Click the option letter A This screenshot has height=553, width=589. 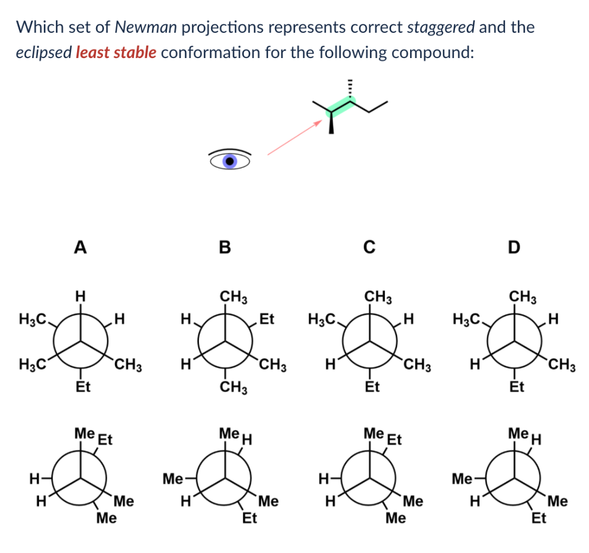[x=81, y=247]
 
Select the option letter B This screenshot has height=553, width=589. [x=225, y=247]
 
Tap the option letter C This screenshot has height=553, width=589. [x=369, y=247]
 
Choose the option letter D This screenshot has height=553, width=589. [x=514, y=247]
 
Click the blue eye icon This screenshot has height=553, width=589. [x=230, y=161]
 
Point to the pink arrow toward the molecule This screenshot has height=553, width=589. [x=293, y=138]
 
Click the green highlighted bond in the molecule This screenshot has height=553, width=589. [x=342, y=106]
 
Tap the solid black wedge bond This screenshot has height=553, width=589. [x=331, y=123]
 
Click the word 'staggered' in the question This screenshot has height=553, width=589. [x=441, y=26]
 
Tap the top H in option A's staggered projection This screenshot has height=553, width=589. [x=81, y=297]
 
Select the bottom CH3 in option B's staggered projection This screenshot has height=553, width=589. [x=234, y=388]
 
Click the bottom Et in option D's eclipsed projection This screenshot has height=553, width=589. [x=538, y=519]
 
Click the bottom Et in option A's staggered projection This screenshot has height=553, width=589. [x=83, y=387]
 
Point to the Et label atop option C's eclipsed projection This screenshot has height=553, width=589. [x=394, y=441]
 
